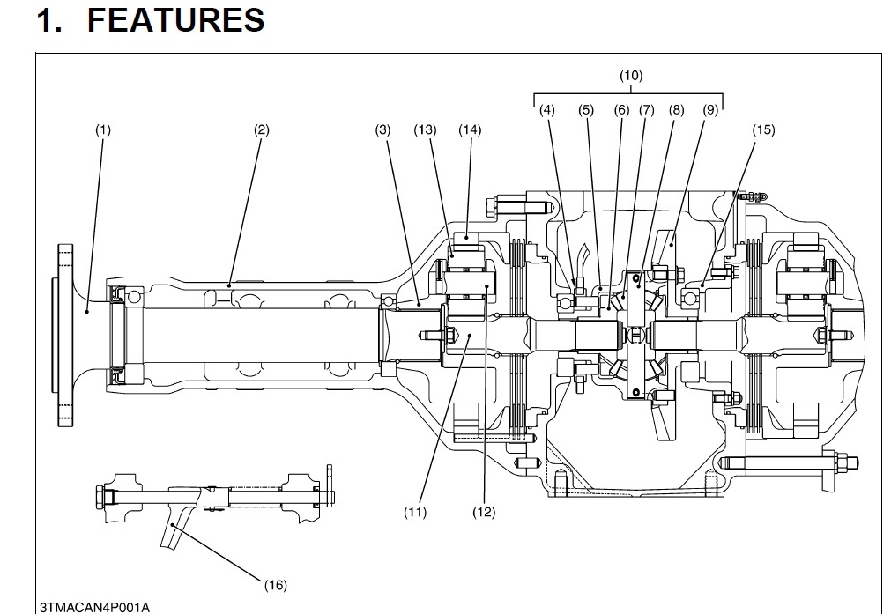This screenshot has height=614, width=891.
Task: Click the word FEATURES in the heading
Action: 175,19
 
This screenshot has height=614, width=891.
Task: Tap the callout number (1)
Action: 103,130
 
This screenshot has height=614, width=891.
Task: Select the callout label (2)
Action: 262,130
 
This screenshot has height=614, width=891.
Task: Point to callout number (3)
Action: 383,130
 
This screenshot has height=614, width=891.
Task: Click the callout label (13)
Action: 425,130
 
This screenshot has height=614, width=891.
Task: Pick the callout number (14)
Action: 470,130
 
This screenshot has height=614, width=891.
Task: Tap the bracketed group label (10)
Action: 631,76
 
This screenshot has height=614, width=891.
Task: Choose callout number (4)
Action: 547,109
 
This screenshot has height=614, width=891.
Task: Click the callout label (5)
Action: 586,109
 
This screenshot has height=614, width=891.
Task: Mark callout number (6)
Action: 622,109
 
